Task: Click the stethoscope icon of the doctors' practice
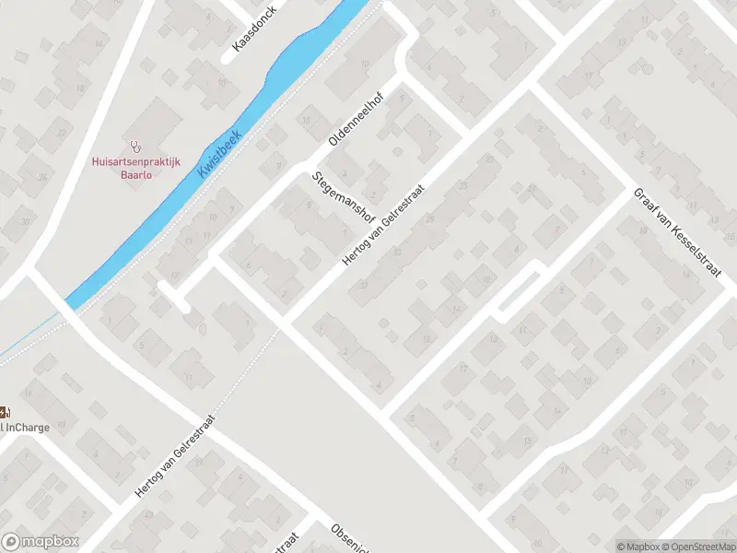pos(137,145)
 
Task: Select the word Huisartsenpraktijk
pos(136,161)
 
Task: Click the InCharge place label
pos(25,427)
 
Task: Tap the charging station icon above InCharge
pos(4,411)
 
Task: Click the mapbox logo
pos(40,542)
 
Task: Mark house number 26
pos(42,178)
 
